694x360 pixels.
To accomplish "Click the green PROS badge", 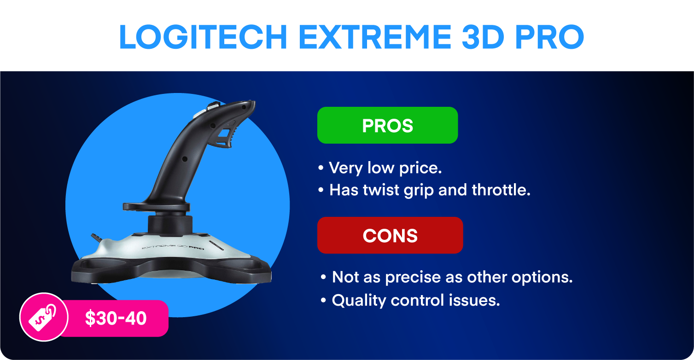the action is point(387,125).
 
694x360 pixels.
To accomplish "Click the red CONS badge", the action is point(390,235).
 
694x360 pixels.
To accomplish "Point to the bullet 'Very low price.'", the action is point(380,168).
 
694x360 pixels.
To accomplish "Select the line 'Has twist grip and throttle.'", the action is point(424,190).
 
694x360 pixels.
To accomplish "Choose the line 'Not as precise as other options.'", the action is point(446,277).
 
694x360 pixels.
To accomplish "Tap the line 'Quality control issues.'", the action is point(410,300).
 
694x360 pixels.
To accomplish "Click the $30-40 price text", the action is point(116,318).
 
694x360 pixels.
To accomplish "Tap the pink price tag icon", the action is point(44,317).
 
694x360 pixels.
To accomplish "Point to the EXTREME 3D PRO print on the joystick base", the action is point(173,247).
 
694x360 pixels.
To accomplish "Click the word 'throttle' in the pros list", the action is point(501,190).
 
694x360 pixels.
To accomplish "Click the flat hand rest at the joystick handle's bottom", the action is point(157,207).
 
